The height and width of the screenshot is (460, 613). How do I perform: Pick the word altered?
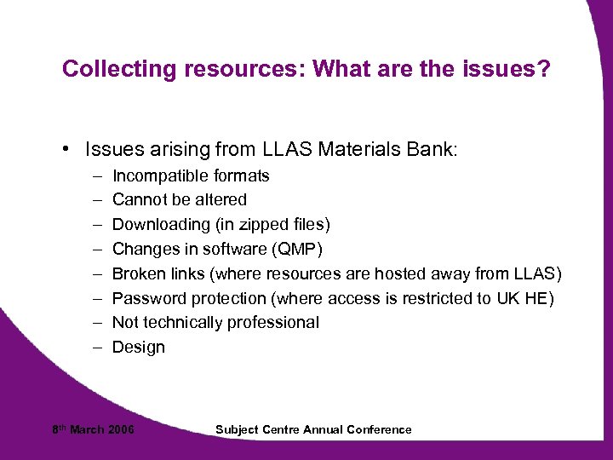coord(220,200)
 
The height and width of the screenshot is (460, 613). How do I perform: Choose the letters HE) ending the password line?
coord(541,298)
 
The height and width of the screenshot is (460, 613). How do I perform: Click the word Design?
coord(139,348)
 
